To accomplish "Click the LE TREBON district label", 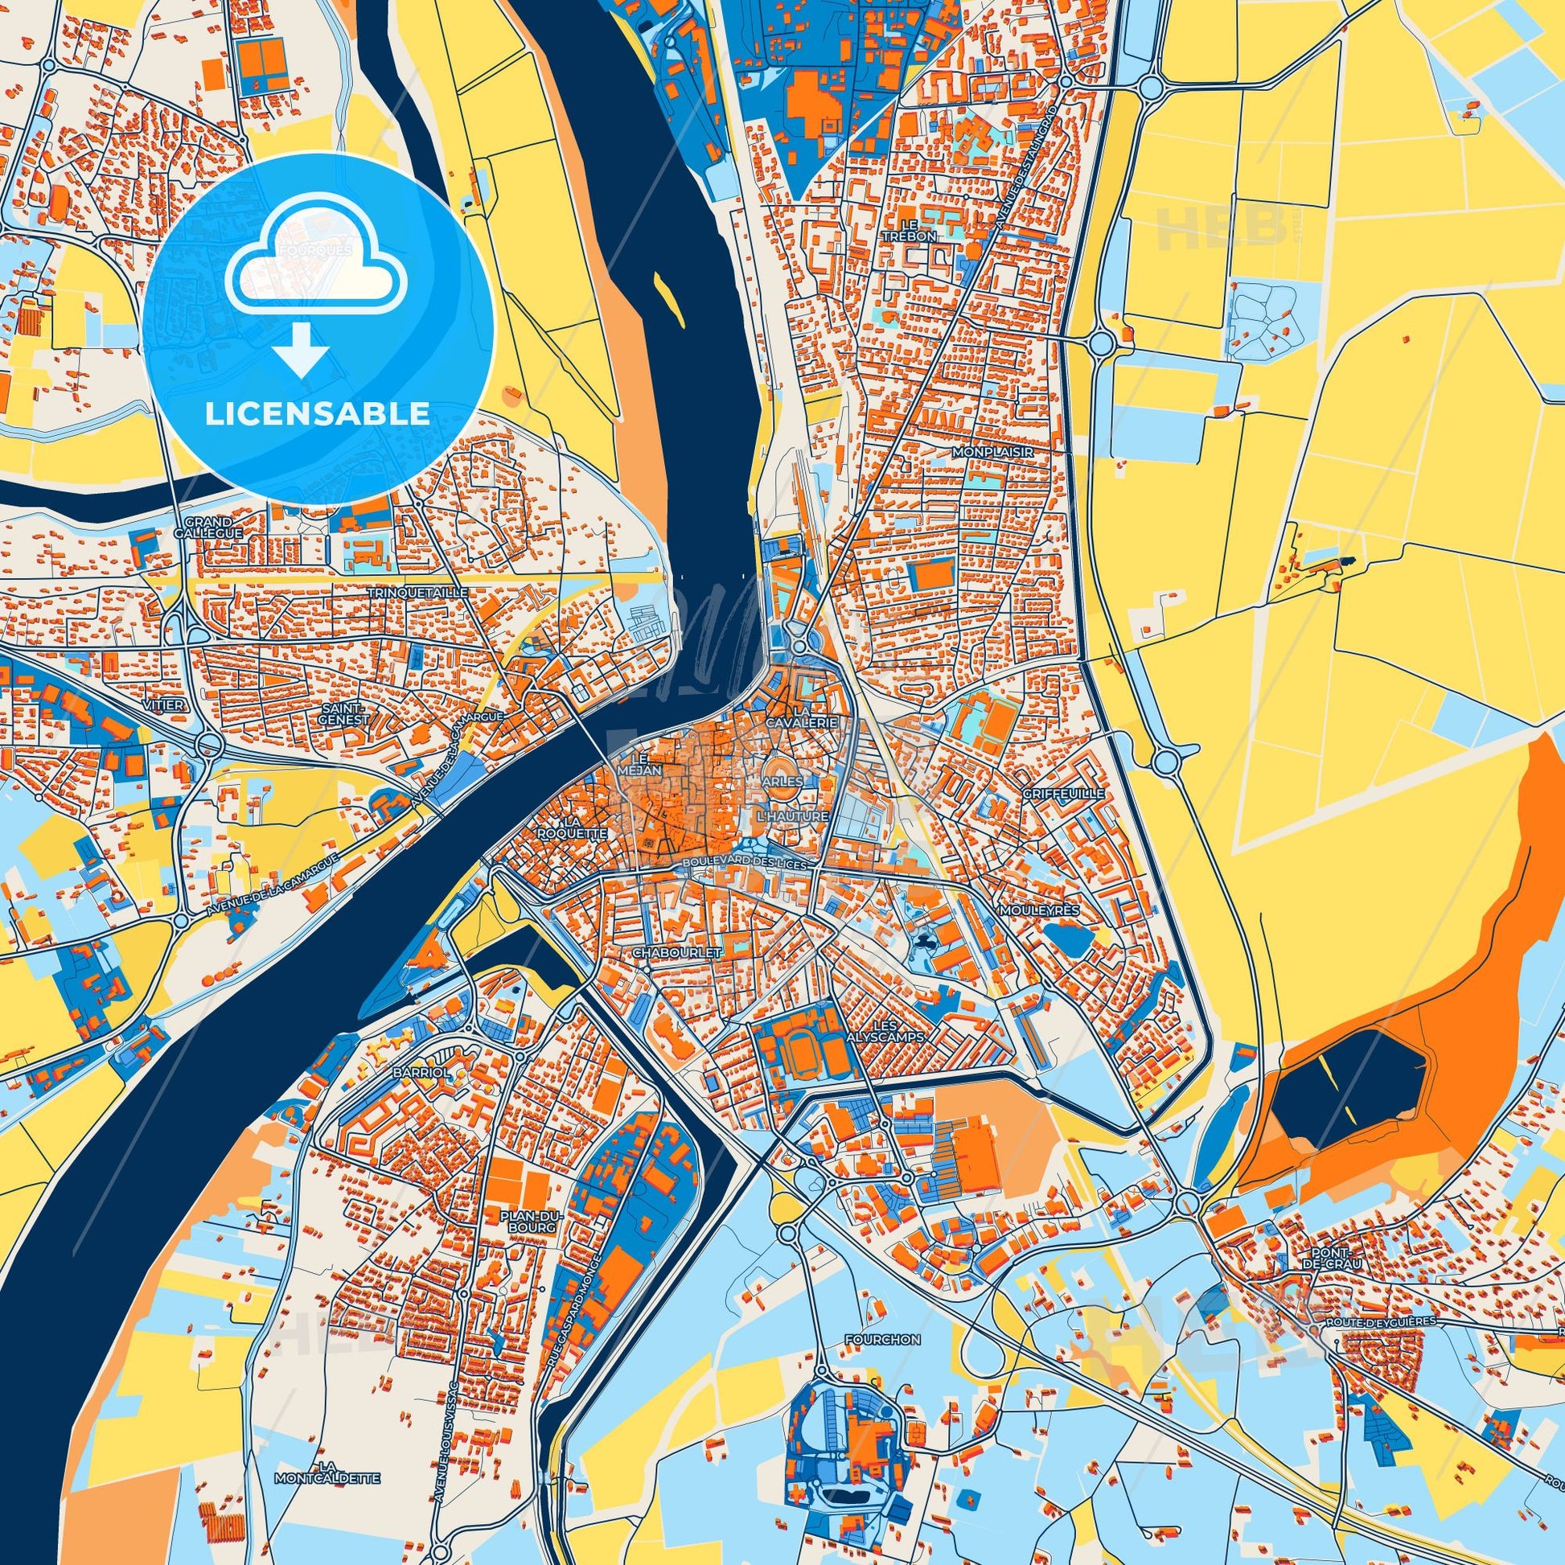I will (919, 229).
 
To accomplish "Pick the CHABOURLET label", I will (677, 955).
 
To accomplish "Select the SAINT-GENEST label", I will (344, 713).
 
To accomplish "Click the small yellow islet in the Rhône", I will (667, 297).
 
